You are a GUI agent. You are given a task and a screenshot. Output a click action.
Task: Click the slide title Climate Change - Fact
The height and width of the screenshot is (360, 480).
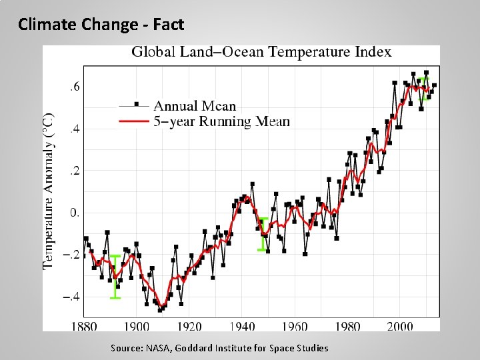pyautogui.click(x=101, y=25)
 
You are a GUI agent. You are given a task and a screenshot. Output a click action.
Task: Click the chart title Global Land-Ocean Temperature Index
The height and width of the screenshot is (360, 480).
pyautogui.click(x=261, y=52)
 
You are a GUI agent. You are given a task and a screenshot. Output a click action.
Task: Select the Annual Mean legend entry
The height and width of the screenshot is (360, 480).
pyautogui.click(x=195, y=105)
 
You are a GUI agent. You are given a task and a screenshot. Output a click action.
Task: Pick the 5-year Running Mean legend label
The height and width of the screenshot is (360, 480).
pyautogui.click(x=221, y=121)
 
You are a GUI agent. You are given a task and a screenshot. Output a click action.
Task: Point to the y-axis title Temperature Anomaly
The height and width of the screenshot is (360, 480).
pyautogui.click(x=49, y=190)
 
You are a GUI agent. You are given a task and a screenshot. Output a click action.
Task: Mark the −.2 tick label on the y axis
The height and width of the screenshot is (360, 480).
pyautogui.click(x=72, y=255)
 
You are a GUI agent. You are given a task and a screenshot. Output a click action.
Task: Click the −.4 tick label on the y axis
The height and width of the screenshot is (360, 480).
pyautogui.click(x=72, y=297)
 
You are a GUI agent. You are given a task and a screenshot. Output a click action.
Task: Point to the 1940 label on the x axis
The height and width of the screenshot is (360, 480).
pyautogui.click(x=242, y=326)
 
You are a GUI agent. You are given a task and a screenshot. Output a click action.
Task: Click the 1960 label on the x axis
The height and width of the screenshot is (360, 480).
pyautogui.click(x=295, y=326)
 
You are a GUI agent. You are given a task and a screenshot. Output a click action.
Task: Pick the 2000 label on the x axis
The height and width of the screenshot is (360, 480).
pyautogui.click(x=400, y=326)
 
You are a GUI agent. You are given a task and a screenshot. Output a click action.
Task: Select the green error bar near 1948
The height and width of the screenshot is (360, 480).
pyautogui.click(x=263, y=234)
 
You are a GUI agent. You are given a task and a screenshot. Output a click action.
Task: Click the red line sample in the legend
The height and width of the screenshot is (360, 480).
pyautogui.click(x=134, y=121)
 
